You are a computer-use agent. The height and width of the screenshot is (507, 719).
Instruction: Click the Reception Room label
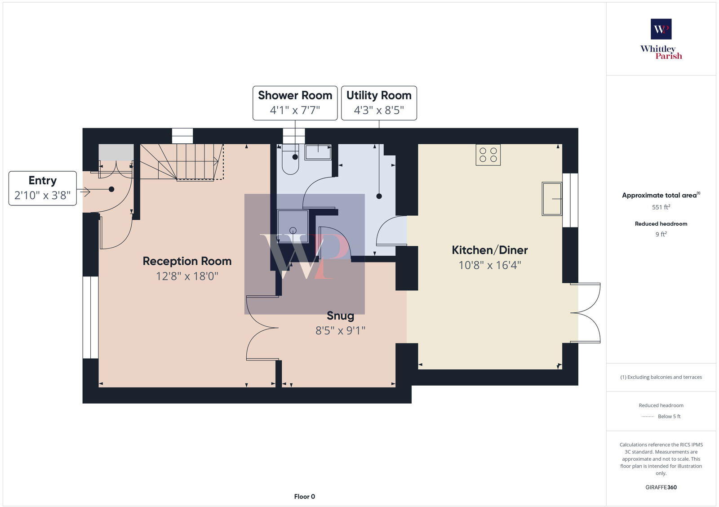(187, 261)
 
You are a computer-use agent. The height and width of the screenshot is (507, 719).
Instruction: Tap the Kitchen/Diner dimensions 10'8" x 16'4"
(489, 265)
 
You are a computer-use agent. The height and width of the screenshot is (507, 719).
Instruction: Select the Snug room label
(340, 316)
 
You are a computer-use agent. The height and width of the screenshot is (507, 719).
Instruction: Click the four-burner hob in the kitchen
(488, 155)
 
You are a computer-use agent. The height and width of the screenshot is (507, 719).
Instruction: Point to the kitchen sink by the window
(551, 199)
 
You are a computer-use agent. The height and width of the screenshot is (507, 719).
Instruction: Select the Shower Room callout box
(295, 103)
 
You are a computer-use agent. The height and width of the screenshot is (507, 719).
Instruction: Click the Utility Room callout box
(379, 103)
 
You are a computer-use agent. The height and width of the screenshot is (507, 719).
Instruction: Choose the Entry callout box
(43, 188)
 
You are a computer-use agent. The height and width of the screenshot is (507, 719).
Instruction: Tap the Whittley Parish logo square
(661, 29)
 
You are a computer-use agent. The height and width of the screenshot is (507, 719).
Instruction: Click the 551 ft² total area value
(661, 207)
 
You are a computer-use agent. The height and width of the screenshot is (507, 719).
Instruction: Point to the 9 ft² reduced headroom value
(661, 234)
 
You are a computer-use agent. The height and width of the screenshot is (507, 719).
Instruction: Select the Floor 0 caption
(305, 497)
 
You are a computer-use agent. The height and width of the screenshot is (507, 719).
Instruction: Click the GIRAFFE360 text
(661, 487)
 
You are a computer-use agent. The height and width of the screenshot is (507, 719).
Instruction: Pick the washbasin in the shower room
(318, 152)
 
